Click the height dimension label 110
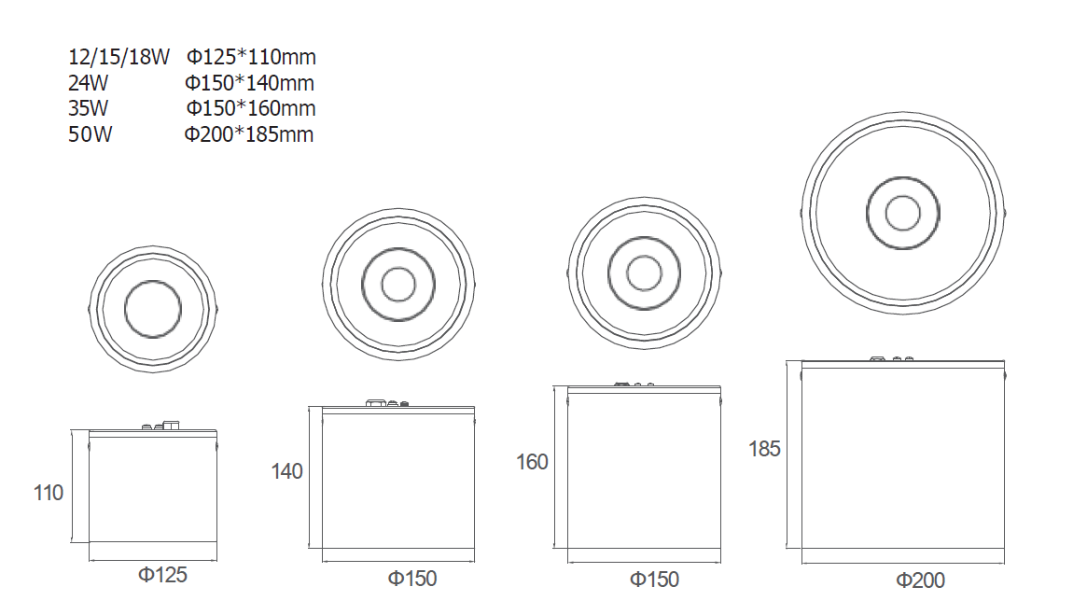tap(49, 493)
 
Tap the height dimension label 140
tap(287, 471)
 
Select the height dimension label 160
tap(532, 462)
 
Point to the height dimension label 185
tap(765, 449)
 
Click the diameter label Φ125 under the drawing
tap(163, 575)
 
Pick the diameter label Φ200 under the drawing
tap(920, 580)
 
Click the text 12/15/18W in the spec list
tap(118, 57)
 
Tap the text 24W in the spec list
tap(88, 82)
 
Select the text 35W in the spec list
tap(88, 108)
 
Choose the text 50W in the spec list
tap(91, 133)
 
